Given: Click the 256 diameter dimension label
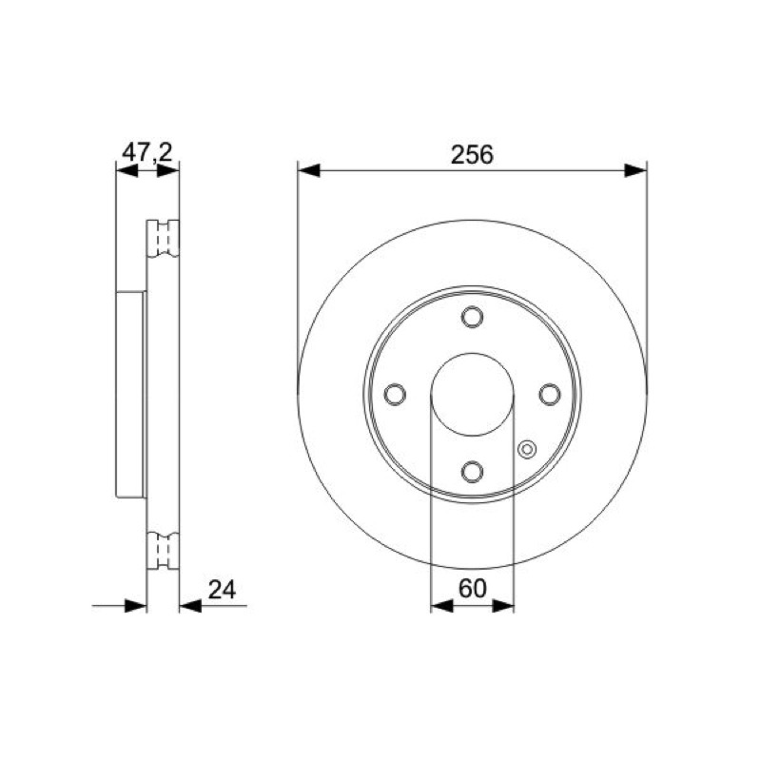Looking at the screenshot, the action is tap(472, 155).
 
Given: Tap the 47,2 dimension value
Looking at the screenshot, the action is tap(147, 152).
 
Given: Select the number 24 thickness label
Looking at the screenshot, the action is tap(222, 590).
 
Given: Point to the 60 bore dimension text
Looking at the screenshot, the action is tap(472, 589).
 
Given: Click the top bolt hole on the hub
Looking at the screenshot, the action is tap(472, 317).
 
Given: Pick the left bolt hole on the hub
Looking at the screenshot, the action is tap(395, 394).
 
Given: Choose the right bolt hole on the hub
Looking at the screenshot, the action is tap(550, 394).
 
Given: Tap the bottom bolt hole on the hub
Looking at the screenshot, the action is tap(472, 471).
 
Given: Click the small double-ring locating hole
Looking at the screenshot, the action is tap(527, 449).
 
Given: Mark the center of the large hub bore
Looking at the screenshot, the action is tap(472, 394).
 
